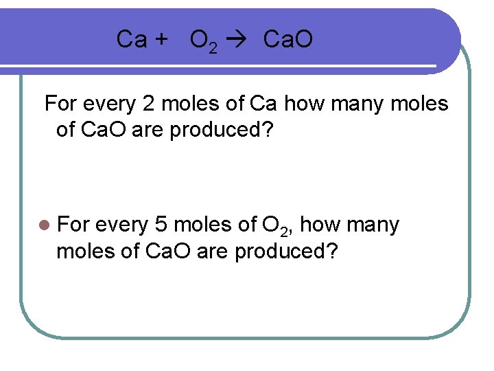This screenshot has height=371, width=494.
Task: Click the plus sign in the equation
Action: click(x=161, y=40)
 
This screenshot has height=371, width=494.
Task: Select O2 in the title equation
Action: click(x=204, y=41)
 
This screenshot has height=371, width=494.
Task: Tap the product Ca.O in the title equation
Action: click(x=288, y=40)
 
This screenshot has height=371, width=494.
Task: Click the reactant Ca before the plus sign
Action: click(x=131, y=40)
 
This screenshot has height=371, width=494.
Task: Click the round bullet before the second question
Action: click(x=45, y=225)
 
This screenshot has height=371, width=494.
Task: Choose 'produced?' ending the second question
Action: click(x=286, y=251)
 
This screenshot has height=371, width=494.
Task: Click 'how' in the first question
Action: click(x=303, y=104)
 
